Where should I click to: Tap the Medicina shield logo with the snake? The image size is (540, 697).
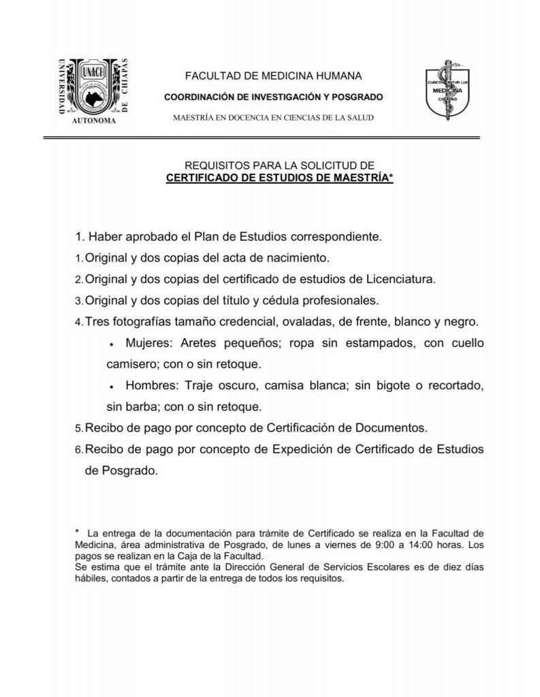pyautogui.click(x=445, y=89)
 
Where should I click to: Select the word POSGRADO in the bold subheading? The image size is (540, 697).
pyautogui.click(x=360, y=97)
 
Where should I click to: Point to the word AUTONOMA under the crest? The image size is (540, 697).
pyautogui.click(x=94, y=120)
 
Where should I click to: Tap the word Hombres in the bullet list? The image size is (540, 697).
pyautogui.click(x=149, y=385)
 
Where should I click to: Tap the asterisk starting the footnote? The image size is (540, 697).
pyautogui.click(x=78, y=532)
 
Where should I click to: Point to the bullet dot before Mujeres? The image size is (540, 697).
pyautogui.click(x=110, y=344)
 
